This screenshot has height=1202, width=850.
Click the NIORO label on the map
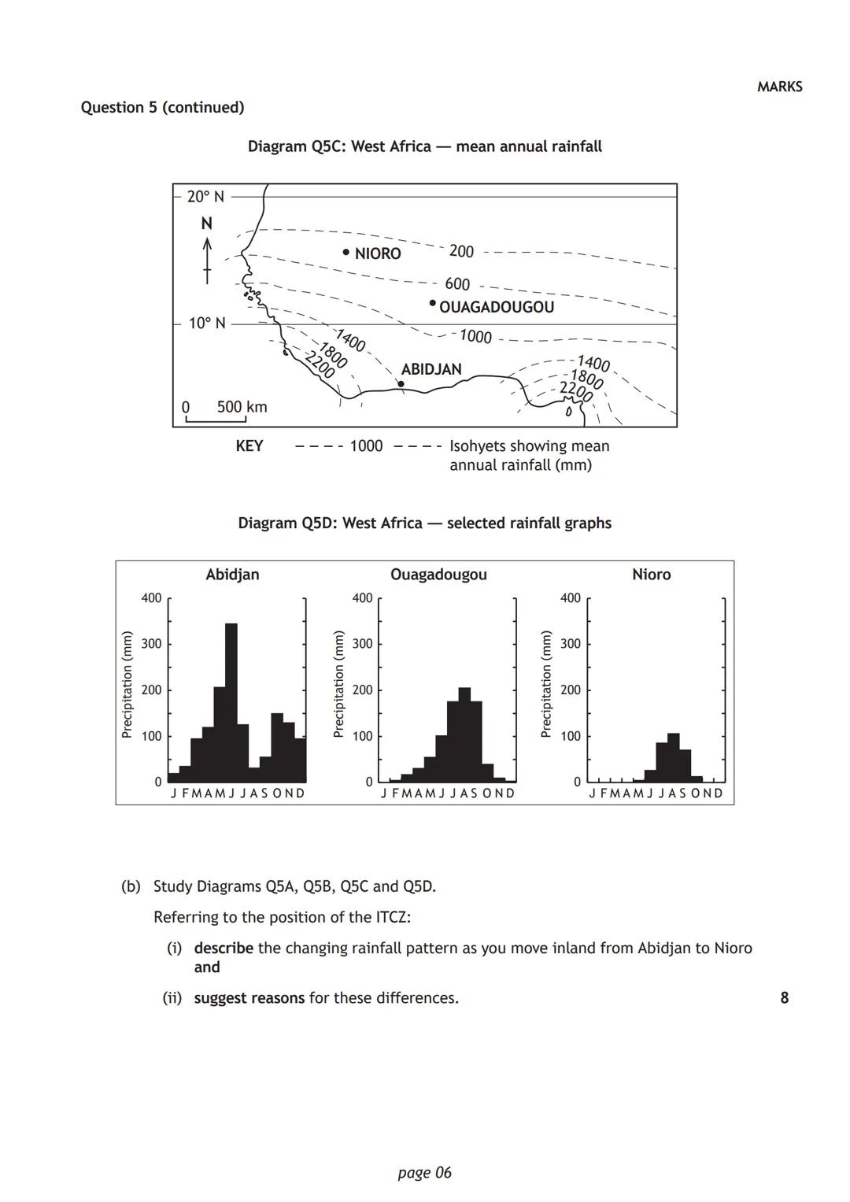coord(377,253)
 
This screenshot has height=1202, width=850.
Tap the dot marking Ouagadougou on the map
coord(432,303)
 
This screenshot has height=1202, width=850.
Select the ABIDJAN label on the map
coord(431,369)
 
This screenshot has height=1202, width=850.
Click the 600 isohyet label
coord(457,283)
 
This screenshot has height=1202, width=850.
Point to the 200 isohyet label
coord(461,251)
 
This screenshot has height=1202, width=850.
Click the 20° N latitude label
coord(205,197)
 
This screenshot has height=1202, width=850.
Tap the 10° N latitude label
coord(207,324)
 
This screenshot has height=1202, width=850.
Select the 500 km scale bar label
coord(242,407)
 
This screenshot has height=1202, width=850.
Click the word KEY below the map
coord(249,446)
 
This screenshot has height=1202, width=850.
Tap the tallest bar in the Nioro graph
coord(673,756)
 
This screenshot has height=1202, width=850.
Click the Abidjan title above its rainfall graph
coord(232,575)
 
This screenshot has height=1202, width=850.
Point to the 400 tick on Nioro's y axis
coord(571,598)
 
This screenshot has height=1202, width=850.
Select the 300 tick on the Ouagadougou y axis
coord(362,644)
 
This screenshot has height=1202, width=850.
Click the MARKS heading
coord(779,87)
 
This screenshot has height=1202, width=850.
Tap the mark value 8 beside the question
coord(784,998)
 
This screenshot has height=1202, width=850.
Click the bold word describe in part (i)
coord(224,948)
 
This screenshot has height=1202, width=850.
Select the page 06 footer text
coord(425,1173)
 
